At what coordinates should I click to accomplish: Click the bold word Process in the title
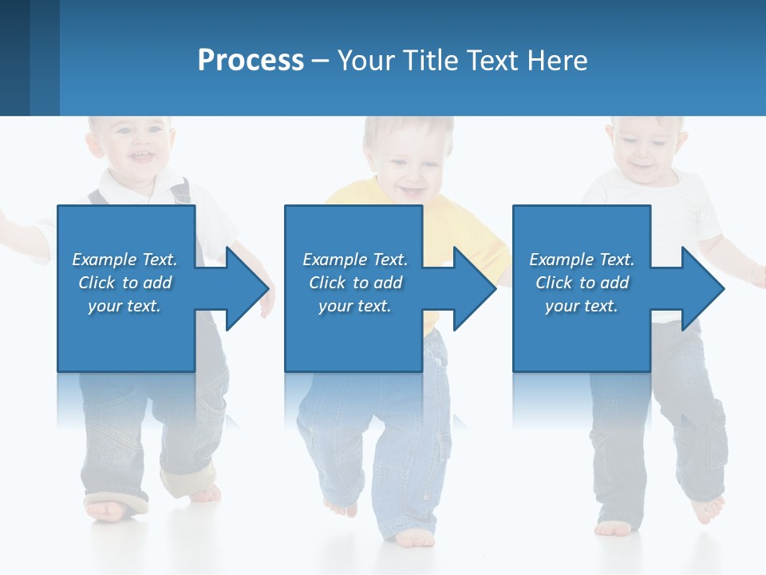point(251,60)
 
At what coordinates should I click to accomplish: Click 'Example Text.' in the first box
point(124,260)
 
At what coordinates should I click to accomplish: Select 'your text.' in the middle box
point(354,306)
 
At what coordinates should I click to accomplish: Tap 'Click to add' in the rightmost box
point(582,283)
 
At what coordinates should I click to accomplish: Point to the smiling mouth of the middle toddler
point(412,191)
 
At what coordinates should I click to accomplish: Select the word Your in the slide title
point(366,60)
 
